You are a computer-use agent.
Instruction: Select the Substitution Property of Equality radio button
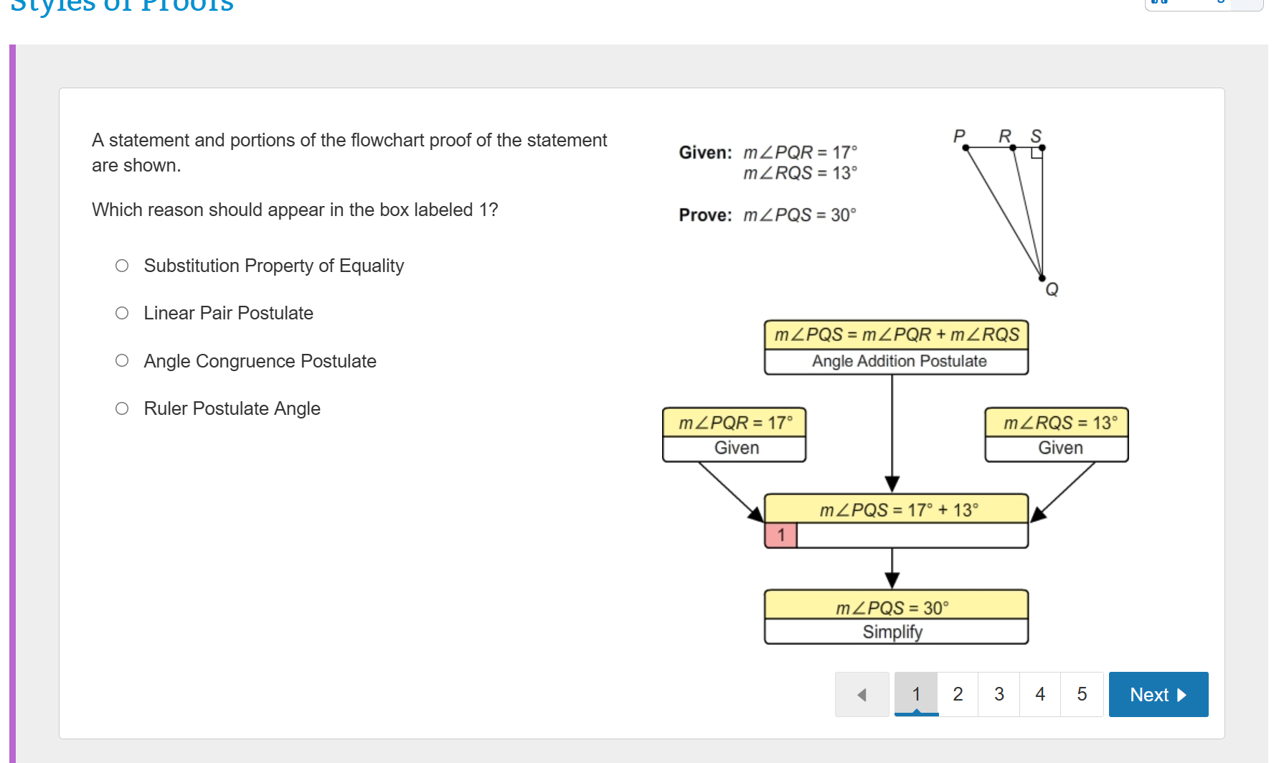click(x=122, y=266)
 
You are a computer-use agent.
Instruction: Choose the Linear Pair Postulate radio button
click(x=122, y=314)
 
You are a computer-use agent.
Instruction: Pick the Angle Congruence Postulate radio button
click(x=122, y=361)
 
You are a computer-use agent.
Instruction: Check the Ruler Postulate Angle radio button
click(x=122, y=409)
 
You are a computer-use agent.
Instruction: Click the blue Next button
click(x=1158, y=694)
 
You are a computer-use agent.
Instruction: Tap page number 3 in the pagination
click(x=999, y=694)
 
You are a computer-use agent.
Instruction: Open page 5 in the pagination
click(x=1082, y=694)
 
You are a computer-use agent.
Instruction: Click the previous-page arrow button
click(x=862, y=694)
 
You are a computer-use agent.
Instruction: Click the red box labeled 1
click(x=781, y=535)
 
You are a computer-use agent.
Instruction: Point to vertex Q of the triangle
click(x=1042, y=278)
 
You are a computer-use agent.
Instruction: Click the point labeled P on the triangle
click(x=966, y=148)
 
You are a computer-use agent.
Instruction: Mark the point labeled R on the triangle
click(x=1013, y=148)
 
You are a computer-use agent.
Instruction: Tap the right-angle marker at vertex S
click(x=1037, y=153)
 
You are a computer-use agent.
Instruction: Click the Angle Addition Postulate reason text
click(x=899, y=361)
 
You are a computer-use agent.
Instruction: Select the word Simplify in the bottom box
click(x=892, y=632)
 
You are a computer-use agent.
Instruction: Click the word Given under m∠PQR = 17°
click(x=736, y=448)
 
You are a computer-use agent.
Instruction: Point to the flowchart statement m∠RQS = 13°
click(x=1060, y=423)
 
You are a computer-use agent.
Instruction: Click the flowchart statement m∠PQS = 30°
click(x=892, y=608)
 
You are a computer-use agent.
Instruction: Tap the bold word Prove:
click(x=705, y=215)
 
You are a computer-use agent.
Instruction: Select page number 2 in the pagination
click(x=958, y=694)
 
